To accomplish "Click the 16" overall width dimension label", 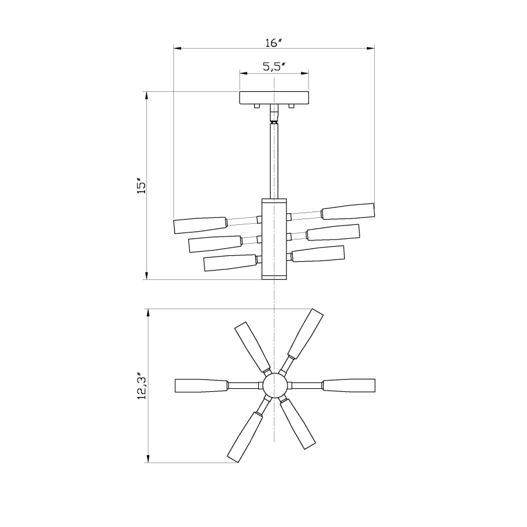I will (273, 43).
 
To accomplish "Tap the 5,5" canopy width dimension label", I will (273, 67).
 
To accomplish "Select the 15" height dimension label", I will (141, 186).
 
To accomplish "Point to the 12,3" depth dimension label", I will (141, 386).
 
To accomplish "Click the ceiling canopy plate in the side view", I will (274, 98).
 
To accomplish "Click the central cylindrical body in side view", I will (274, 239).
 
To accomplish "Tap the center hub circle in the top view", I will (274, 385).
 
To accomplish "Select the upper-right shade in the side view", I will (348, 211).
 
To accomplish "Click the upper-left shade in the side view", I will (200, 224).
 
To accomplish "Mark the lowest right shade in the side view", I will (318, 254).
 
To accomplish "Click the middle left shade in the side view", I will (215, 244).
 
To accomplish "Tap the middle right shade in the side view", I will (333, 232).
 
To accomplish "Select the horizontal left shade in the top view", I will (201, 385).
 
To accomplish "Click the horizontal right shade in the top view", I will (348, 385).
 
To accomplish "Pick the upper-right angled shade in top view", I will (306, 333).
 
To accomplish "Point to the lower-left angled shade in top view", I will (242, 437).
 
